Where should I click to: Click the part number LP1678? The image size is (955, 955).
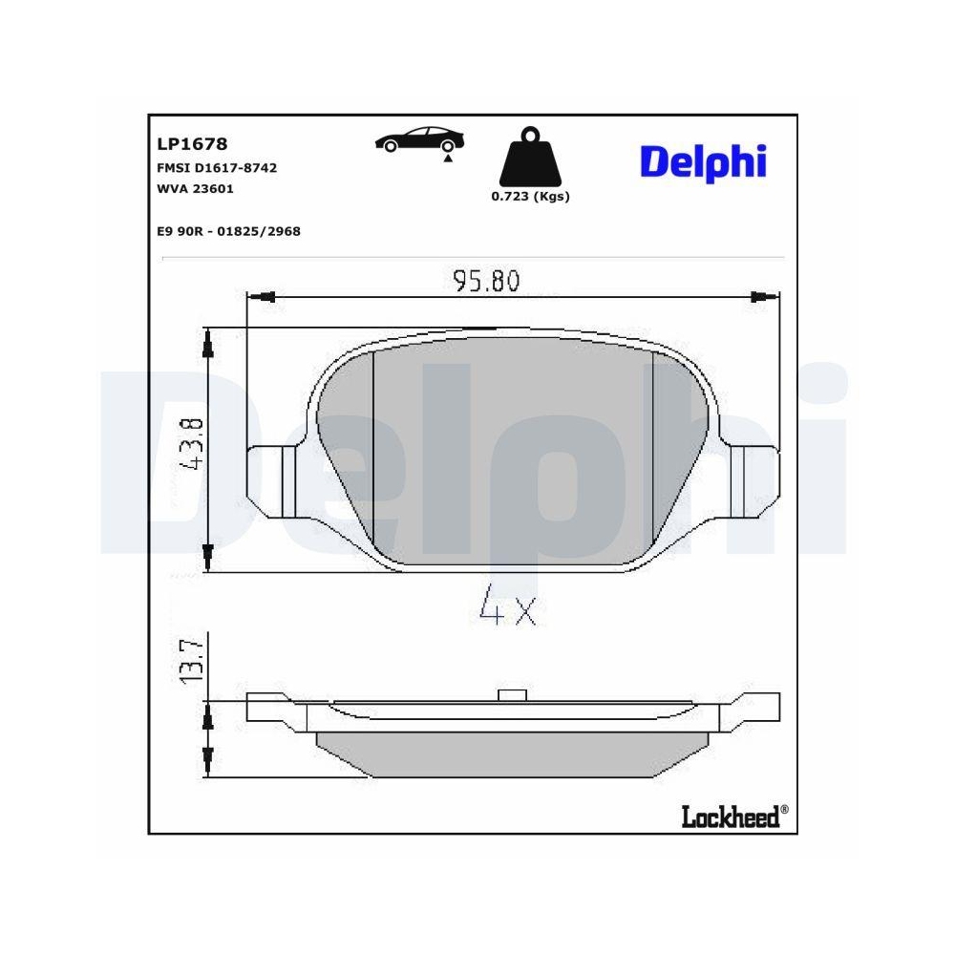coord(192,144)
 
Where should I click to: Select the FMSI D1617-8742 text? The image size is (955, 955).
coord(217,167)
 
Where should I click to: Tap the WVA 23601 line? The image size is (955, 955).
coord(195,188)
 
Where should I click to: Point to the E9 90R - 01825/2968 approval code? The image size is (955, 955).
coord(228,231)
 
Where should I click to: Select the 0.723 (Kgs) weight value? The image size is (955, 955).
coord(530,196)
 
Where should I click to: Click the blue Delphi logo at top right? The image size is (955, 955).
coord(703,161)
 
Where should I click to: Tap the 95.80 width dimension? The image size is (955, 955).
coord(486,282)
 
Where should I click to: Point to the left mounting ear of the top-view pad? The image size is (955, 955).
coord(276,479)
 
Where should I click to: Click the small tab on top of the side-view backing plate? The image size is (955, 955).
coord(513,694)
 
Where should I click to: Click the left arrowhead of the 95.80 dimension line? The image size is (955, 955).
coord(268,296)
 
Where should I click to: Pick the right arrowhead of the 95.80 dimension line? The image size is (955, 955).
coord(760,296)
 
